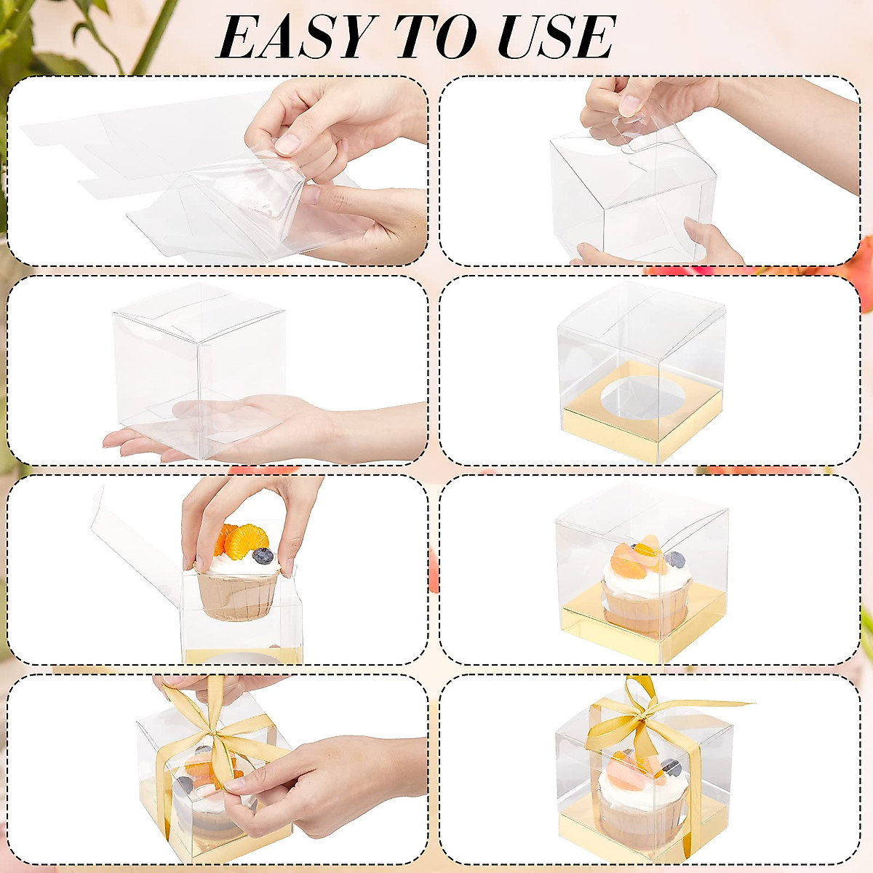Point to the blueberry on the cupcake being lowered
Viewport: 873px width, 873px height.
click(263, 556)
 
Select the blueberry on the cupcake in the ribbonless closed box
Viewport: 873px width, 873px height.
click(675, 559)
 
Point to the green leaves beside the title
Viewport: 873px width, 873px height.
click(44, 36)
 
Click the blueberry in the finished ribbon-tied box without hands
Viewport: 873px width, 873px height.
click(671, 767)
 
